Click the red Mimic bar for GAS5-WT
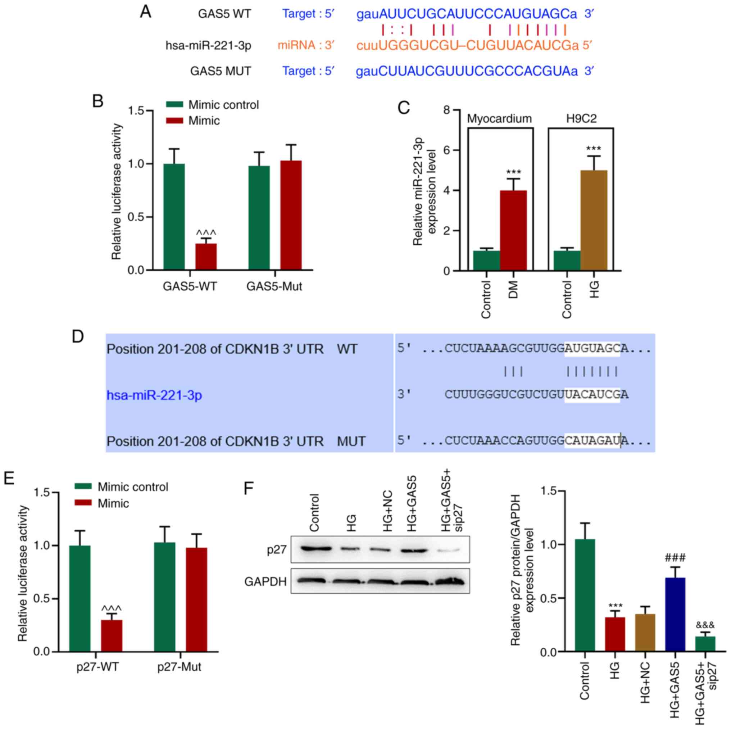point(206,257)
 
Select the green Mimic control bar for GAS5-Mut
point(259,218)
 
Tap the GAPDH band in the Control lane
point(311,581)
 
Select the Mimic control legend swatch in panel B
point(175,104)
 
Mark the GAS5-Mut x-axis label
point(274,286)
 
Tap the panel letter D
point(78,336)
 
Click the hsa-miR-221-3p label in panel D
point(154,395)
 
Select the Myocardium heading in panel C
point(499,118)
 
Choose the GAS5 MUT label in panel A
point(220,71)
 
